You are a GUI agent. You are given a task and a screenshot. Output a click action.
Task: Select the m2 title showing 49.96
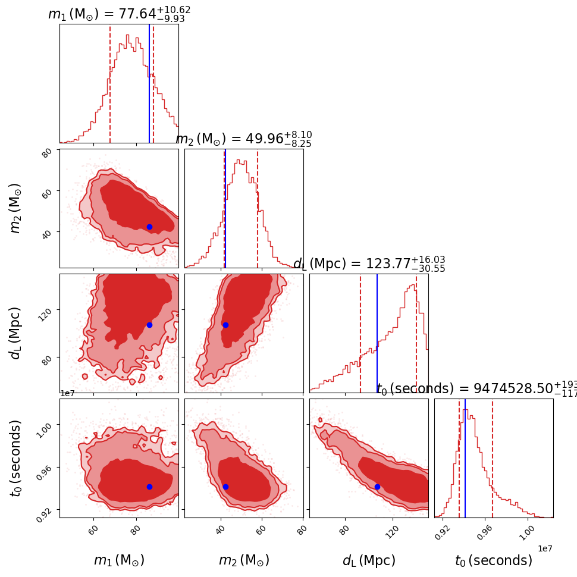click(243, 139)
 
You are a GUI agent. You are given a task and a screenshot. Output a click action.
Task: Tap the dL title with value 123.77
click(369, 264)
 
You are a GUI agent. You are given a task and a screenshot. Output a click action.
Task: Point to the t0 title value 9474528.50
click(476, 389)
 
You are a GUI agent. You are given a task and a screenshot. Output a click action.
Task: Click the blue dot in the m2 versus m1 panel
click(149, 227)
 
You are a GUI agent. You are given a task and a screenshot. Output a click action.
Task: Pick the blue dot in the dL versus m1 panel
click(149, 325)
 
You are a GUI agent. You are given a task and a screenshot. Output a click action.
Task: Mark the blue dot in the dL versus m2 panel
click(225, 325)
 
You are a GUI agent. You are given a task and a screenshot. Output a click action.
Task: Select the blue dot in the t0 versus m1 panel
click(149, 487)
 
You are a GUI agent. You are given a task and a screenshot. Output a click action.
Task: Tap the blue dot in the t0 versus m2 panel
click(225, 487)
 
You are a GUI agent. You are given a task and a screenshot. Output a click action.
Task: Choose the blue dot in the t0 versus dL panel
click(377, 487)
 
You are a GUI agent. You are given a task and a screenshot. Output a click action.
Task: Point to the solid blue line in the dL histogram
click(377, 333)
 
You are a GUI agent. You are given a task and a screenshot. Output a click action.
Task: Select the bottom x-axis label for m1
click(119, 560)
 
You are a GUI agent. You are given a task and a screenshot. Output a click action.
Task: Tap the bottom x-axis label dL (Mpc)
click(369, 560)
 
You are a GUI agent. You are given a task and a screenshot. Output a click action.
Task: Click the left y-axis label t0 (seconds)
click(16, 458)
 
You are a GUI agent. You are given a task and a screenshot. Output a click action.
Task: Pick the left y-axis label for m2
click(16, 208)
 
